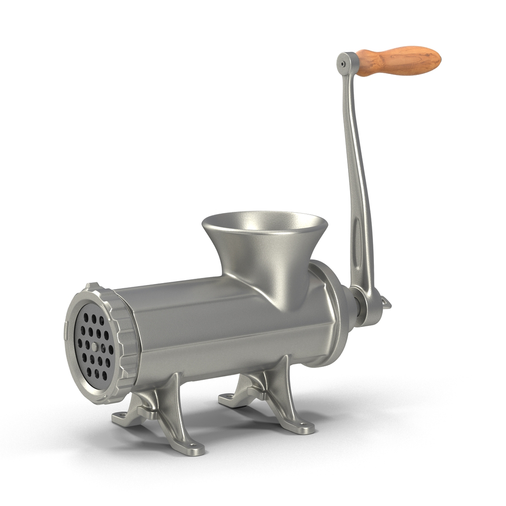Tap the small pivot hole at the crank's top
point(343,60)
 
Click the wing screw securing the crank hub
point(385,303)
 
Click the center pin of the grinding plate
point(95,347)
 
